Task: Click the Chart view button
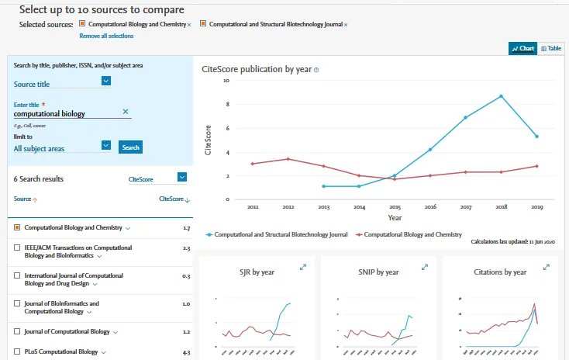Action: [x=522, y=48]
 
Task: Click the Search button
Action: [x=130, y=147]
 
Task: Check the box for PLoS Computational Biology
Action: [x=17, y=351]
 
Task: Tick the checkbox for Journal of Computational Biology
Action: [x=17, y=331]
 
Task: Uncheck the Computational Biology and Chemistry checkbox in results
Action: [x=17, y=228]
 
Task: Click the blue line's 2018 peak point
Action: [x=502, y=96]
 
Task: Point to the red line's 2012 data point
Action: [x=288, y=159]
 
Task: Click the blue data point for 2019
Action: [x=536, y=137]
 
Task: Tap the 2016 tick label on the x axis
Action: [x=430, y=208]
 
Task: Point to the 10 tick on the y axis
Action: [x=226, y=80]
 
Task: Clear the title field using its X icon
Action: [x=126, y=112]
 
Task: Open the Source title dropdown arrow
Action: [x=106, y=81]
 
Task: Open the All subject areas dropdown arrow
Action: [x=106, y=144]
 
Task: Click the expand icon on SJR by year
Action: [x=303, y=267]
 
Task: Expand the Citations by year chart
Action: [x=547, y=267]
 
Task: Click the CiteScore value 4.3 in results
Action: [x=185, y=352]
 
